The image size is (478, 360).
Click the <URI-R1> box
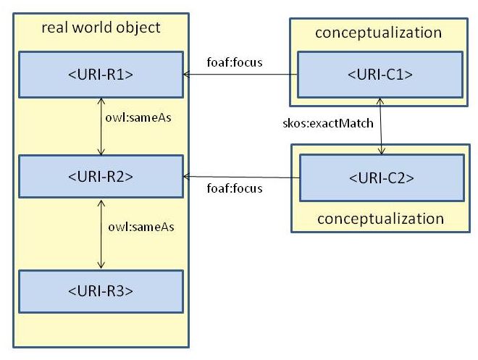tap(101, 73)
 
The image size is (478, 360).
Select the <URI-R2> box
tap(101, 176)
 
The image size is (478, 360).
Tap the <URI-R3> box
tap(101, 290)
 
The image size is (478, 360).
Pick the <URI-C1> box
tap(382, 73)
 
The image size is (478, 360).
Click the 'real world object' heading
tap(101, 29)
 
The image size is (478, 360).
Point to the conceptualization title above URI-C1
tap(378, 33)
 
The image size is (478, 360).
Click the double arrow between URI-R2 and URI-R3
tap(101, 233)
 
